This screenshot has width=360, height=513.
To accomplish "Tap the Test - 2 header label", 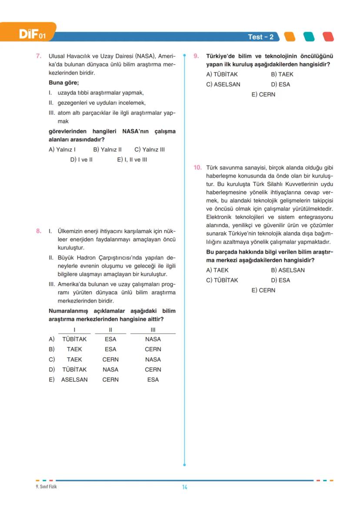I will (261, 37).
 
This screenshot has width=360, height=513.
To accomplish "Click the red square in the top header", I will (328, 37).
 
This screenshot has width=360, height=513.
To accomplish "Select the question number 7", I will (39, 56).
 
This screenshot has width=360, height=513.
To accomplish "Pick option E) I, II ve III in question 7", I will (132, 160).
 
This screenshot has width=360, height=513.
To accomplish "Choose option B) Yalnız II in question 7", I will (107, 150).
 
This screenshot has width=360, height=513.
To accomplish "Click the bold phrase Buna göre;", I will (63, 83).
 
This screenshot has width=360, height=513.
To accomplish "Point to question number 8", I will (39, 231).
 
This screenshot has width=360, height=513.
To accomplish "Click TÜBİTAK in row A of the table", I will (74, 339).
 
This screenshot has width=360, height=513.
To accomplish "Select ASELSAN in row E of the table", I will (74, 380).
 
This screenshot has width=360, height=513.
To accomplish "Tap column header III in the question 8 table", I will (153, 330).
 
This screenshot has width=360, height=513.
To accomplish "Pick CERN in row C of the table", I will (110, 360).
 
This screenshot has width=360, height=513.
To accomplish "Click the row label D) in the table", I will (52, 370).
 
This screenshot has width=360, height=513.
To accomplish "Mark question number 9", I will (196, 56).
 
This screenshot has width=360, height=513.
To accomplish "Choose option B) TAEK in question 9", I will (282, 74).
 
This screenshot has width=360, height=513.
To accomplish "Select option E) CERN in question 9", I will (263, 94).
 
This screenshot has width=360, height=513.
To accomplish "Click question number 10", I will (197, 167).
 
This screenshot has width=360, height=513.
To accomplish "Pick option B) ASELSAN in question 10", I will (288, 270).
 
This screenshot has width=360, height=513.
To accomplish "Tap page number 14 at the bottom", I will (184, 487).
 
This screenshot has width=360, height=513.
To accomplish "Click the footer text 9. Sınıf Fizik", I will (46, 486).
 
